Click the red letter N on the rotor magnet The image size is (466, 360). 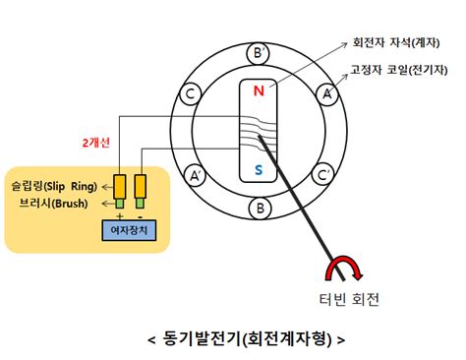[x=259, y=91]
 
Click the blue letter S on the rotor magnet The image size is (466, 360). [x=259, y=171]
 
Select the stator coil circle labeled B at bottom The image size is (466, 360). [x=260, y=209]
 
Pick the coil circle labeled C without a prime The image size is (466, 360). [x=187, y=93]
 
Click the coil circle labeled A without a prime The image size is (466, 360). [x=326, y=93]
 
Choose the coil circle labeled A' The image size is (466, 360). [x=197, y=176]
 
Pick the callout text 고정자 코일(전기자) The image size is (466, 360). [x=398, y=72]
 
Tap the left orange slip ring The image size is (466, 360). [x=120, y=184]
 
